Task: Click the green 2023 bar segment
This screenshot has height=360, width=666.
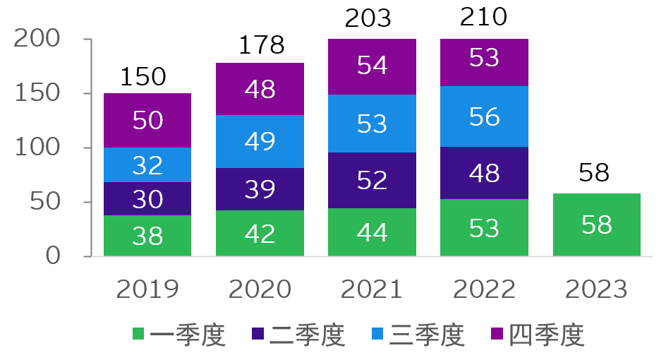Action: [596, 224]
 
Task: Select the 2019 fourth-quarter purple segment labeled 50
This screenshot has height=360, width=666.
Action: [147, 120]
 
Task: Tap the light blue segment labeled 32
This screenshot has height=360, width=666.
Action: [147, 164]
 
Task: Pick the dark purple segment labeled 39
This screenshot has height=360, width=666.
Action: [260, 189]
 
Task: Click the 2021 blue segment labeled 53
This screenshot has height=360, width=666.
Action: [372, 123]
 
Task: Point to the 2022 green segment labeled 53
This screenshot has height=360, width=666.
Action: [484, 227]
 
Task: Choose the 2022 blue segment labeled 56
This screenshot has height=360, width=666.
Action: [484, 116]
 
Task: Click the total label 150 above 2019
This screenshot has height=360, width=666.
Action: [143, 76]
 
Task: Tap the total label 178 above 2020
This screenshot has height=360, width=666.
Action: [260, 46]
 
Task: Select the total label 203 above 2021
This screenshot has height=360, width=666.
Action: [368, 18]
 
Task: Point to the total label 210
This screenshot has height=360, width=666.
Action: [483, 16]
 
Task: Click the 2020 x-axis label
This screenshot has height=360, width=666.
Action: [260, 289]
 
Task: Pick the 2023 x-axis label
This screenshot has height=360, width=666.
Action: [596, 289]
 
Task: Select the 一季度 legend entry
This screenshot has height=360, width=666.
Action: [180, 335]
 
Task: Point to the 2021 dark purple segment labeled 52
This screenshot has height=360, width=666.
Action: [372, 180]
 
